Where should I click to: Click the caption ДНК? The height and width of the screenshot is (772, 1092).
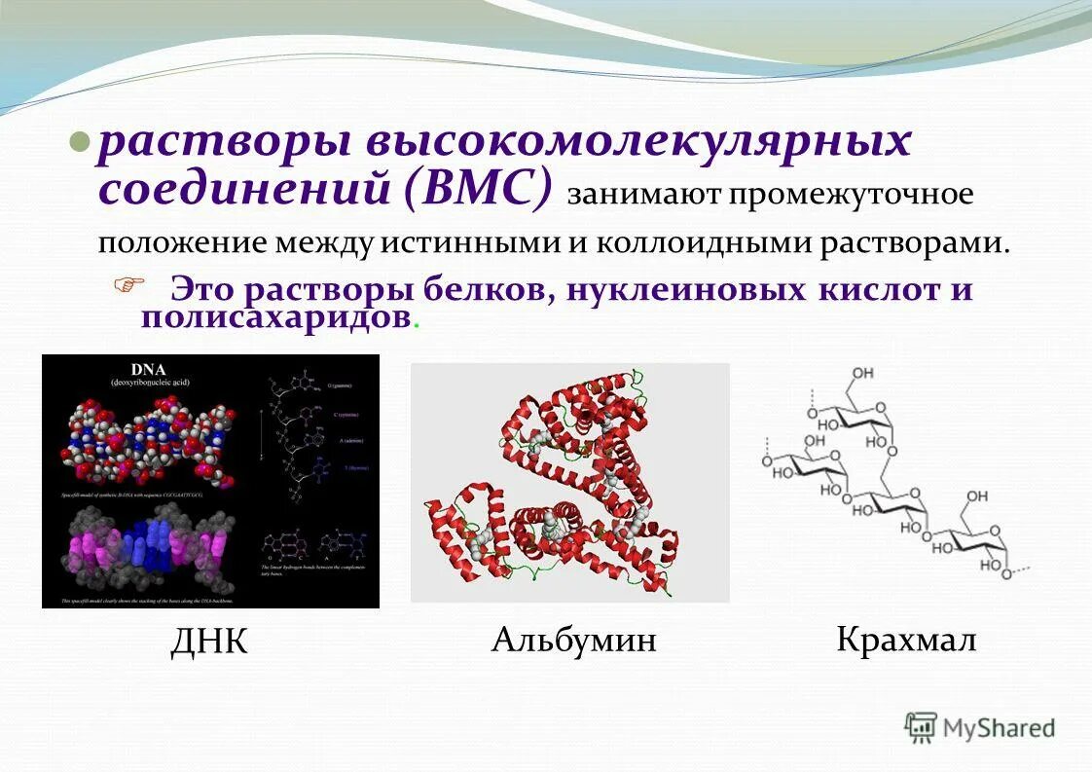(209, 642)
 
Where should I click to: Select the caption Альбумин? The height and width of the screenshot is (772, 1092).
(573, 640)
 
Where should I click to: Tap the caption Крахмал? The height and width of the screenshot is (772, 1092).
(905, 640)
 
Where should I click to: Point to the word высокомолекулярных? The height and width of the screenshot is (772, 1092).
(638, 143)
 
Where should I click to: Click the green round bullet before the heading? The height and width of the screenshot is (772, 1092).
(83, 144)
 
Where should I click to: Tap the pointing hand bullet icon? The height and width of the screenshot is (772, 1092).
(127, 285)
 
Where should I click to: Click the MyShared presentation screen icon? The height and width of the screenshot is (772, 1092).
(921, 726)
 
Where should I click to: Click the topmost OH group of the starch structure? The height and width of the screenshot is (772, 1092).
(862, 374)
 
